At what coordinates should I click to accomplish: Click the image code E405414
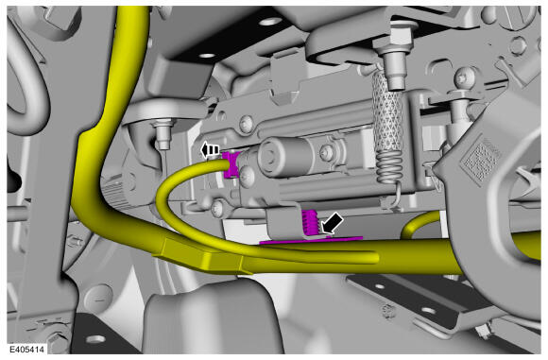click(26, 350)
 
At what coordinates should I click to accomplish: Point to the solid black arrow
click(332, 223)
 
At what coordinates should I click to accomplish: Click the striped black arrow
click(210, 150)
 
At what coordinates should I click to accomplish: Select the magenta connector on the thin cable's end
click(231, 164)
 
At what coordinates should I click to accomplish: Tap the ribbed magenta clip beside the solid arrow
click(311, 223)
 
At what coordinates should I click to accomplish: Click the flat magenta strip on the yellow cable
click(311, 240)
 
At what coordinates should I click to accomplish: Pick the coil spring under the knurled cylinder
click(387, 169)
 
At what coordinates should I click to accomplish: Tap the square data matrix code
click(480, 158)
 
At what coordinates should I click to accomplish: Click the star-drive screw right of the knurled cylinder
click(465, 77)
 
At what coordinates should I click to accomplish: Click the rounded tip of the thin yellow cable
click(373, 258)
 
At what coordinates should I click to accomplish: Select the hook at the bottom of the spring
click(397, 196)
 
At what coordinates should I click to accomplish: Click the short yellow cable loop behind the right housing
click(417, 224)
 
